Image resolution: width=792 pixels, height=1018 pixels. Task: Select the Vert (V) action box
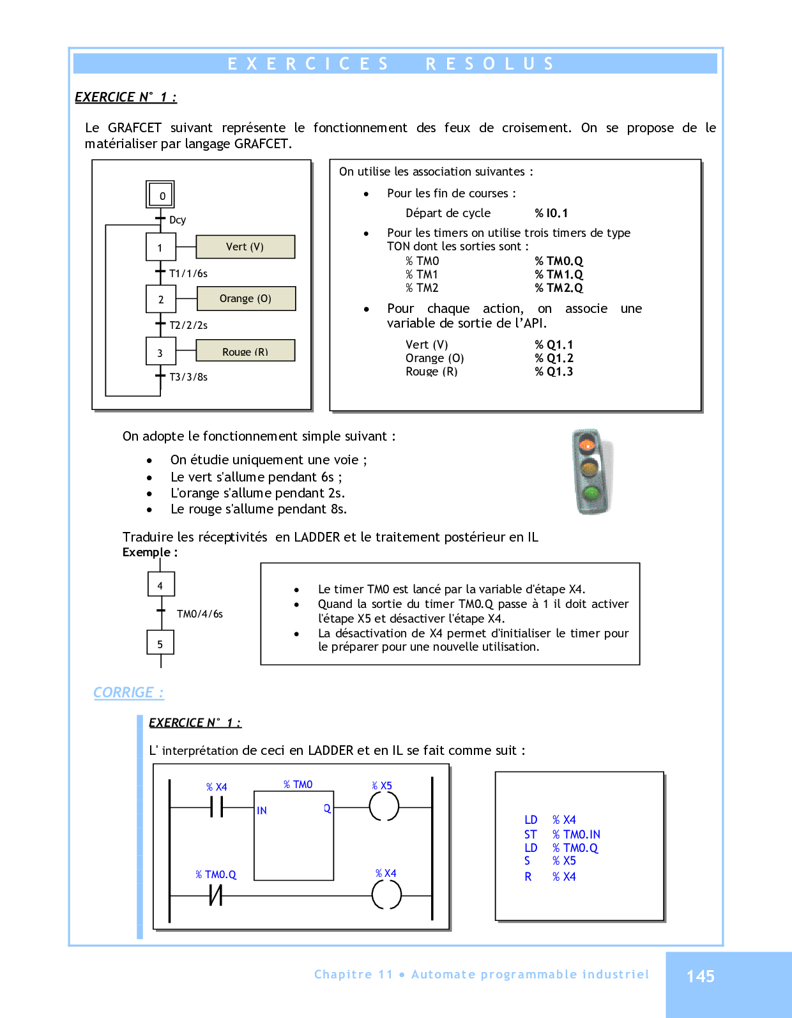point(245,247)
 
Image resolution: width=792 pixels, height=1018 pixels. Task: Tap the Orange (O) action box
point(246,298)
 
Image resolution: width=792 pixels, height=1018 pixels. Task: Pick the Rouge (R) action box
point(245,351)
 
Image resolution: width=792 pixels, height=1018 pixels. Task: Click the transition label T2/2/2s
point(188,325)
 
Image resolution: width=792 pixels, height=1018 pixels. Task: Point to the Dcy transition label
point(178,220)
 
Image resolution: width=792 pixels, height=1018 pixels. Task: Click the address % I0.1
point(551,213)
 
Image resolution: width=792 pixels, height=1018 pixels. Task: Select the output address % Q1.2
point(554,358)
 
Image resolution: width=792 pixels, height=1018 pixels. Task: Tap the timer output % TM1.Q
point(559,275)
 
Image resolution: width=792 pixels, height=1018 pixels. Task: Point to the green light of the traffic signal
point(591,493)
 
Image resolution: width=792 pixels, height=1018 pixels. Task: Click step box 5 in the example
point(160,644)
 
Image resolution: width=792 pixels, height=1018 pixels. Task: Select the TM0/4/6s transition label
point(200,614)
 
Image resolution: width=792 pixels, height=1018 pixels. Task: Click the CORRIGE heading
point(128,692)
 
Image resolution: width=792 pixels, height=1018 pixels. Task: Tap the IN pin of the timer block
point(262,810)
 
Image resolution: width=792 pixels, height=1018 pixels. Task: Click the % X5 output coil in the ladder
point(384,807)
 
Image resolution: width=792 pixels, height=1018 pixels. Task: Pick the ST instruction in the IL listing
point(530,834)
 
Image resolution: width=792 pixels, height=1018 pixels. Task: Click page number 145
point(700,976)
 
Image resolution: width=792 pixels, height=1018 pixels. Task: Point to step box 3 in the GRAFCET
point(160,353)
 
